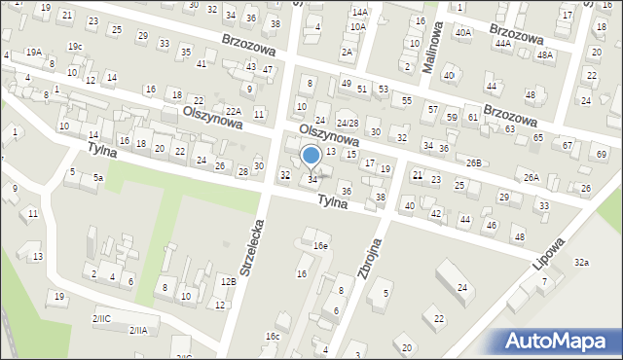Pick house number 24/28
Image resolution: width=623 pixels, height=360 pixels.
348,124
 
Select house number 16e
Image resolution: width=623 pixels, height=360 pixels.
320,246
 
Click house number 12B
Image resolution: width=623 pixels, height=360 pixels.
228,281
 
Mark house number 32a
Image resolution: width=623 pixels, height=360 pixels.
581,263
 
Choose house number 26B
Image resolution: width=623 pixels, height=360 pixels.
474,162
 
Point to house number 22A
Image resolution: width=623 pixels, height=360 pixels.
233,110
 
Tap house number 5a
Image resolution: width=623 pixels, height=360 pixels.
97,178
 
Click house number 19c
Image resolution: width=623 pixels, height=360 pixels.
75,47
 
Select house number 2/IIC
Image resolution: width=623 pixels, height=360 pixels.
101,318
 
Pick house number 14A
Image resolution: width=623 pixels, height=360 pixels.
360,12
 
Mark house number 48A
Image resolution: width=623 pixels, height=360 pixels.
545,55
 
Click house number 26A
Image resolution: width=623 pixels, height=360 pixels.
531,177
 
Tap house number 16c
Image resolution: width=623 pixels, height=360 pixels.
273,336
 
